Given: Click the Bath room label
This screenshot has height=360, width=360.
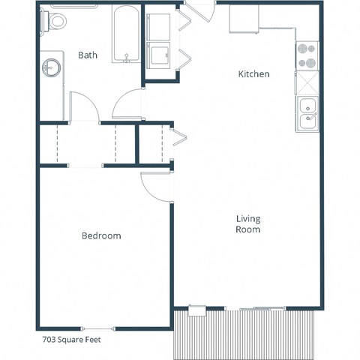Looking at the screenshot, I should click(88, 55).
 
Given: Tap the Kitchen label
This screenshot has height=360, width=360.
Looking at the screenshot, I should click(253, 74).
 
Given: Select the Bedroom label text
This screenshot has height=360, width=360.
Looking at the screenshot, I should click(101, 235).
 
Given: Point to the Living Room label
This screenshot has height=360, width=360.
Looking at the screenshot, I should click(248, 224).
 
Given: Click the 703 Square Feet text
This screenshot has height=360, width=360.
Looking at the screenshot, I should click(71, 339).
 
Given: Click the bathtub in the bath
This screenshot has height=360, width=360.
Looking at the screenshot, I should click(126, 35).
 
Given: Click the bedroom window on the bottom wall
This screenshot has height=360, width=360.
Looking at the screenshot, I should click(99, 328).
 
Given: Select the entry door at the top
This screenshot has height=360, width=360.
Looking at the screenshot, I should click(198, 13).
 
